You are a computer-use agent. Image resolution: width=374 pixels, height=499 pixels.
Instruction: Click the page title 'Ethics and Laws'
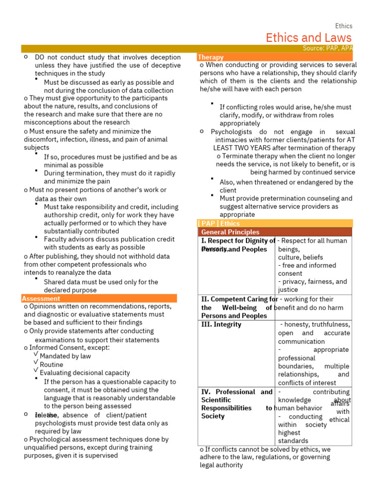coord(308,38)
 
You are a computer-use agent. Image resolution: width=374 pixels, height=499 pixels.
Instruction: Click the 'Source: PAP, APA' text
coord(328,48)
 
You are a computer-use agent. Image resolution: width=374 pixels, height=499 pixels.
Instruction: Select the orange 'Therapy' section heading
coord(211,57)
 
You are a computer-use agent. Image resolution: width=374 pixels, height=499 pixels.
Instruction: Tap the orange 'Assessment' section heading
coord(41,298)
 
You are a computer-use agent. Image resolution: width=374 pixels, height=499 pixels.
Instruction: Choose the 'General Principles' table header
coord(230,232)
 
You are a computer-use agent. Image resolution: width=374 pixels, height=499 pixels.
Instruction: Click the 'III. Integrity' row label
coord(221,325)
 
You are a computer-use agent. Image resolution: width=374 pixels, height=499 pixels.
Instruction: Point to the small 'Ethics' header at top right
coord(343,26)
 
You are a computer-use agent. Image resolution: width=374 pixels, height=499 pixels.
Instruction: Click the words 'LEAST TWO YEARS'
coord(238,148)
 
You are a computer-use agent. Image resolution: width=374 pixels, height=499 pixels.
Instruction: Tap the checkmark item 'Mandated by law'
coord(65,356)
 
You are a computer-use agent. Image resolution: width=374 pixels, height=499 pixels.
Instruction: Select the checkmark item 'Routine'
coord(51,365)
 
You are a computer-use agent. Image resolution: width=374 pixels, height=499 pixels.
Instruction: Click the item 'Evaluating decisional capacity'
coord(85,373)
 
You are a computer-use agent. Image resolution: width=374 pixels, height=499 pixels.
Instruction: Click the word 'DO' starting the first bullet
coord(39,57)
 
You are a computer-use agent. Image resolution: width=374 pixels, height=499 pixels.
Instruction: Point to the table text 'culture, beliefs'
coord(300,257)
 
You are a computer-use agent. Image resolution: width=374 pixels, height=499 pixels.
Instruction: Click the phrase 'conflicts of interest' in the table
coord(307,383)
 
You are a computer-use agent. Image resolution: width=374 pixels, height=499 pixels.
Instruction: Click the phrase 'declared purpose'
coord(70,290)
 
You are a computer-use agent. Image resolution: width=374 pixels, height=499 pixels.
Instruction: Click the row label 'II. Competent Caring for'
coord(239,299)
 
